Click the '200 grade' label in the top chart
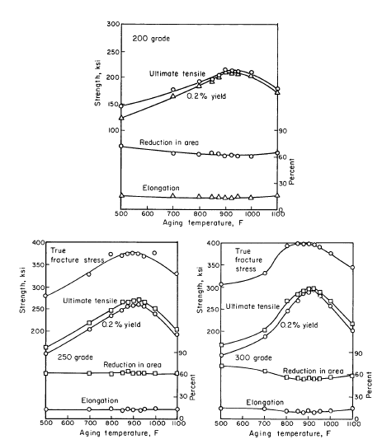point(151,38)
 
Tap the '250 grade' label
point(75,357)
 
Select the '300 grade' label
point(253,358)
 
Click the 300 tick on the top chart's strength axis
point(113,24)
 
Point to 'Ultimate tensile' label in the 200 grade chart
point(177,73)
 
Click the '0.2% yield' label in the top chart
point(206,96)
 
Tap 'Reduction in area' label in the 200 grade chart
point(169,143)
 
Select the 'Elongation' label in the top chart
point(161,188)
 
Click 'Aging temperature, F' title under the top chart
point(203,223)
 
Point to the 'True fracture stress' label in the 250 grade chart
point(77,255)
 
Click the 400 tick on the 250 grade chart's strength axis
point(39,242)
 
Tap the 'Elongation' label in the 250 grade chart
point(100,400)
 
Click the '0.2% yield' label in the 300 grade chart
point(299,325)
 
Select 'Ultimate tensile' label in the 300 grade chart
point(252,306)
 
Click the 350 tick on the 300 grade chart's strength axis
point(212,265)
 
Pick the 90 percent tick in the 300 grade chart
point(358,353)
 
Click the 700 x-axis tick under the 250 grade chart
point(90,423)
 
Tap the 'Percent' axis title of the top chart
point(291,171)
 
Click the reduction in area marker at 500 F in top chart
point(121,146)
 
